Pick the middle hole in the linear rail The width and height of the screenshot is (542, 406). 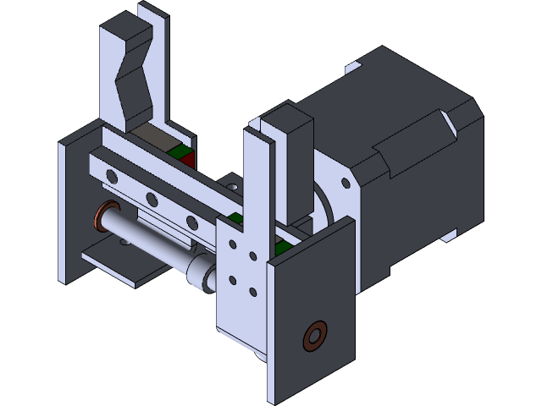tap(152, 200)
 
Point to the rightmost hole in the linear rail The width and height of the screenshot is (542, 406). tap(192, 222)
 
